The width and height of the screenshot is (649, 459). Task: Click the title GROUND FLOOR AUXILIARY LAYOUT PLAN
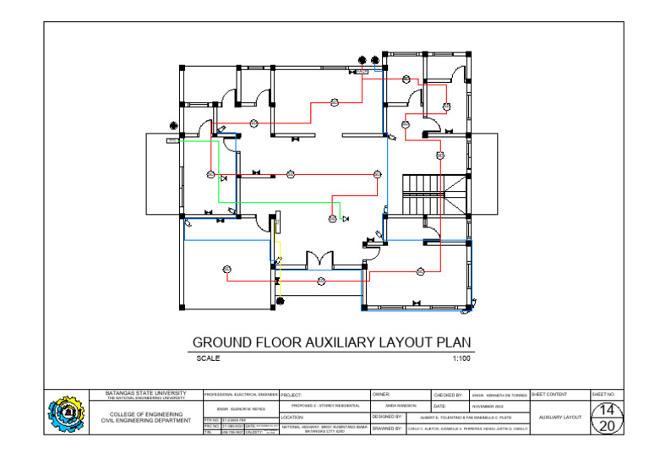(332, 343)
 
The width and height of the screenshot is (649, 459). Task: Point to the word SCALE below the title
(208, 358)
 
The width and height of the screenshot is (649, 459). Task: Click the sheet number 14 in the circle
(606, 410)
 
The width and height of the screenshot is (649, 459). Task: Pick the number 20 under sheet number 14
(606, 426)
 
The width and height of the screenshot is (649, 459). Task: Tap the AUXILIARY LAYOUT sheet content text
(559, 417)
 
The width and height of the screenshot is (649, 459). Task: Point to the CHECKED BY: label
(448, 395)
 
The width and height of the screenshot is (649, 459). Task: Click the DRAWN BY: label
(387, 429)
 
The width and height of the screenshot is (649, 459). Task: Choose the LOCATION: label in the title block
(292, 417)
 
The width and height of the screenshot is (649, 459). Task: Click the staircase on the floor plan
(421, 194)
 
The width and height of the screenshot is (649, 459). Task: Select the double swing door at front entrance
(321, 259)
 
